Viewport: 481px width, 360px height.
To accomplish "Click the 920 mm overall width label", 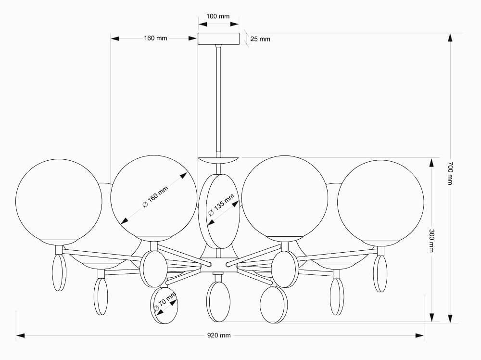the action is coord(219,335).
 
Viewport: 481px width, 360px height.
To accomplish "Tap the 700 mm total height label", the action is coord(450,173).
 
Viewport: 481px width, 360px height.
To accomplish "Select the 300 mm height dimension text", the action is coord(431,241).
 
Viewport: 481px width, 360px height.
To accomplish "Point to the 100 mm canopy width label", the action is coord(218,16).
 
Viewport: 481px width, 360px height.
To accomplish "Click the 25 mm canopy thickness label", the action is coord(260,39).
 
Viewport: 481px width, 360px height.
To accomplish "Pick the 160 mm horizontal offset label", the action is coord(155,38).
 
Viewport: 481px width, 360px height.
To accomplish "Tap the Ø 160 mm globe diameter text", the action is coord(155,197).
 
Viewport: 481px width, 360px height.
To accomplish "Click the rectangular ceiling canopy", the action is coord(218,39).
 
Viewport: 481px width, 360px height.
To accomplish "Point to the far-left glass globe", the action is coord(59,202).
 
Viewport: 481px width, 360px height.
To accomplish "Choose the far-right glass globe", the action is coord(380,203).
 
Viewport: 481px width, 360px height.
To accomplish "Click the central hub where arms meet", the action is coord(218,265).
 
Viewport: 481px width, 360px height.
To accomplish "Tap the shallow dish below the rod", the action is coord(218,161).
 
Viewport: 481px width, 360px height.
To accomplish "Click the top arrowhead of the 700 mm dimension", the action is coord(450,38).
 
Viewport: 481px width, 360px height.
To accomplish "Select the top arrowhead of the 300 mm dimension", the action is coord(431,163).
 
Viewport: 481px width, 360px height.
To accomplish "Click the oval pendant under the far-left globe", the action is coord(59,272).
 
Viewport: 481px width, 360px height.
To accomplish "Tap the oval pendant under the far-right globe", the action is coord(381,273).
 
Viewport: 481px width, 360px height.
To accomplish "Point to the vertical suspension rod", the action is coord(218,100).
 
